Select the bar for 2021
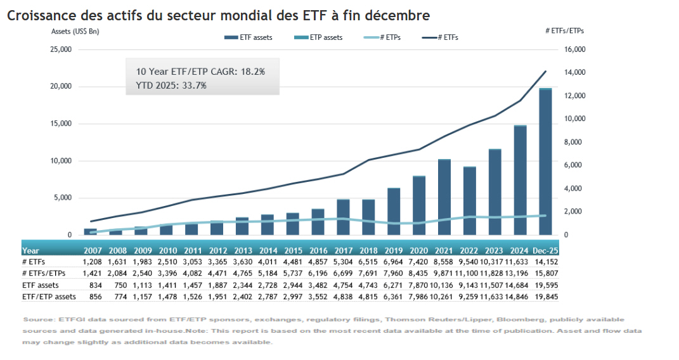tap(444, 197)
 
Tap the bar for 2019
tap(394, 212)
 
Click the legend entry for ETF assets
tap(249, 37)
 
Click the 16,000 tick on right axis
tap(575, 49)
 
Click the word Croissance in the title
tap(41, 15)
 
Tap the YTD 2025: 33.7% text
tap(171, 85)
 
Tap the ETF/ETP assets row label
tap(49, 296)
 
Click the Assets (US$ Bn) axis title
tap(75, 30)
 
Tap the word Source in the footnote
tap(36, 319)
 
